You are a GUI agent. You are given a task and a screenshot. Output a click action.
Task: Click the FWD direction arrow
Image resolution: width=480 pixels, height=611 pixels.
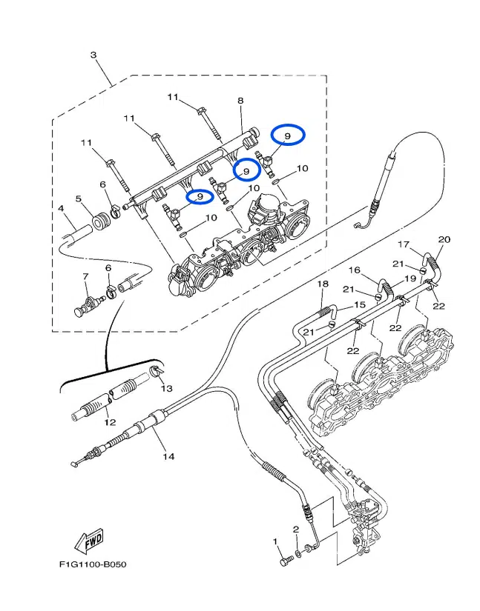coord(89,541)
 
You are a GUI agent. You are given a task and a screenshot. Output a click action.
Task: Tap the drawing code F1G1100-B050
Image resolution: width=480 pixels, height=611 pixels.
coord(93,564)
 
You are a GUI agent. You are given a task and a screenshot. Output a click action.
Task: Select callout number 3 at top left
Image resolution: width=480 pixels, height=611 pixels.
coord(93,55)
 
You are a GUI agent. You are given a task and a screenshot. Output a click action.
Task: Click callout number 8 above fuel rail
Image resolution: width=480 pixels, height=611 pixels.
coord(240,101)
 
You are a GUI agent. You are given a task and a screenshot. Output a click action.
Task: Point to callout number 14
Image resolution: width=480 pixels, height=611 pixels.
coord(168,456)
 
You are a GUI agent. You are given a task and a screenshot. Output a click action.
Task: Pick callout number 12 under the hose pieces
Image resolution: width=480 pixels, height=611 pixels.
coord(110,422)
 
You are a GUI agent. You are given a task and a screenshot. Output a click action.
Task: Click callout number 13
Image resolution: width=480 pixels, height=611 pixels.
coord(167,389)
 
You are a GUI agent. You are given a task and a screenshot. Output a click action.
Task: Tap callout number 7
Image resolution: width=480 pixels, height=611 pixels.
coord(85,276)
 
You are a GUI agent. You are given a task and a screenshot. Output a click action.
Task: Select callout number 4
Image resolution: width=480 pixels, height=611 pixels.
coord(61,208)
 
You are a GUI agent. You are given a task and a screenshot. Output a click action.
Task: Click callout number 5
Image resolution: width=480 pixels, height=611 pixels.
coord(79,198)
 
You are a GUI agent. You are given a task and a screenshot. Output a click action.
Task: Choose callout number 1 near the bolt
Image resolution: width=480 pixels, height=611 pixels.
coord(275,541)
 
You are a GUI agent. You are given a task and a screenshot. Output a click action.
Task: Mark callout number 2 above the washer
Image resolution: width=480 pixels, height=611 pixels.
coord(296,530)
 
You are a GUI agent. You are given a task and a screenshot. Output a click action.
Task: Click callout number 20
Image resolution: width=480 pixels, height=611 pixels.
coord(444,239)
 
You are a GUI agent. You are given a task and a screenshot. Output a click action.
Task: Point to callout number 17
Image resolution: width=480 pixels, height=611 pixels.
coord(404,244)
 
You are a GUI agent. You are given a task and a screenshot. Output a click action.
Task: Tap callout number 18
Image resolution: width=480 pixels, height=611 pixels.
coord(323,284)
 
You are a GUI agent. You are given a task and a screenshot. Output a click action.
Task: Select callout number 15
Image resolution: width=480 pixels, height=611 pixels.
coord(360,304)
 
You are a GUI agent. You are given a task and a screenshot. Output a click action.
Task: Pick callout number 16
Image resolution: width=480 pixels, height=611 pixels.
coord(355,270)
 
